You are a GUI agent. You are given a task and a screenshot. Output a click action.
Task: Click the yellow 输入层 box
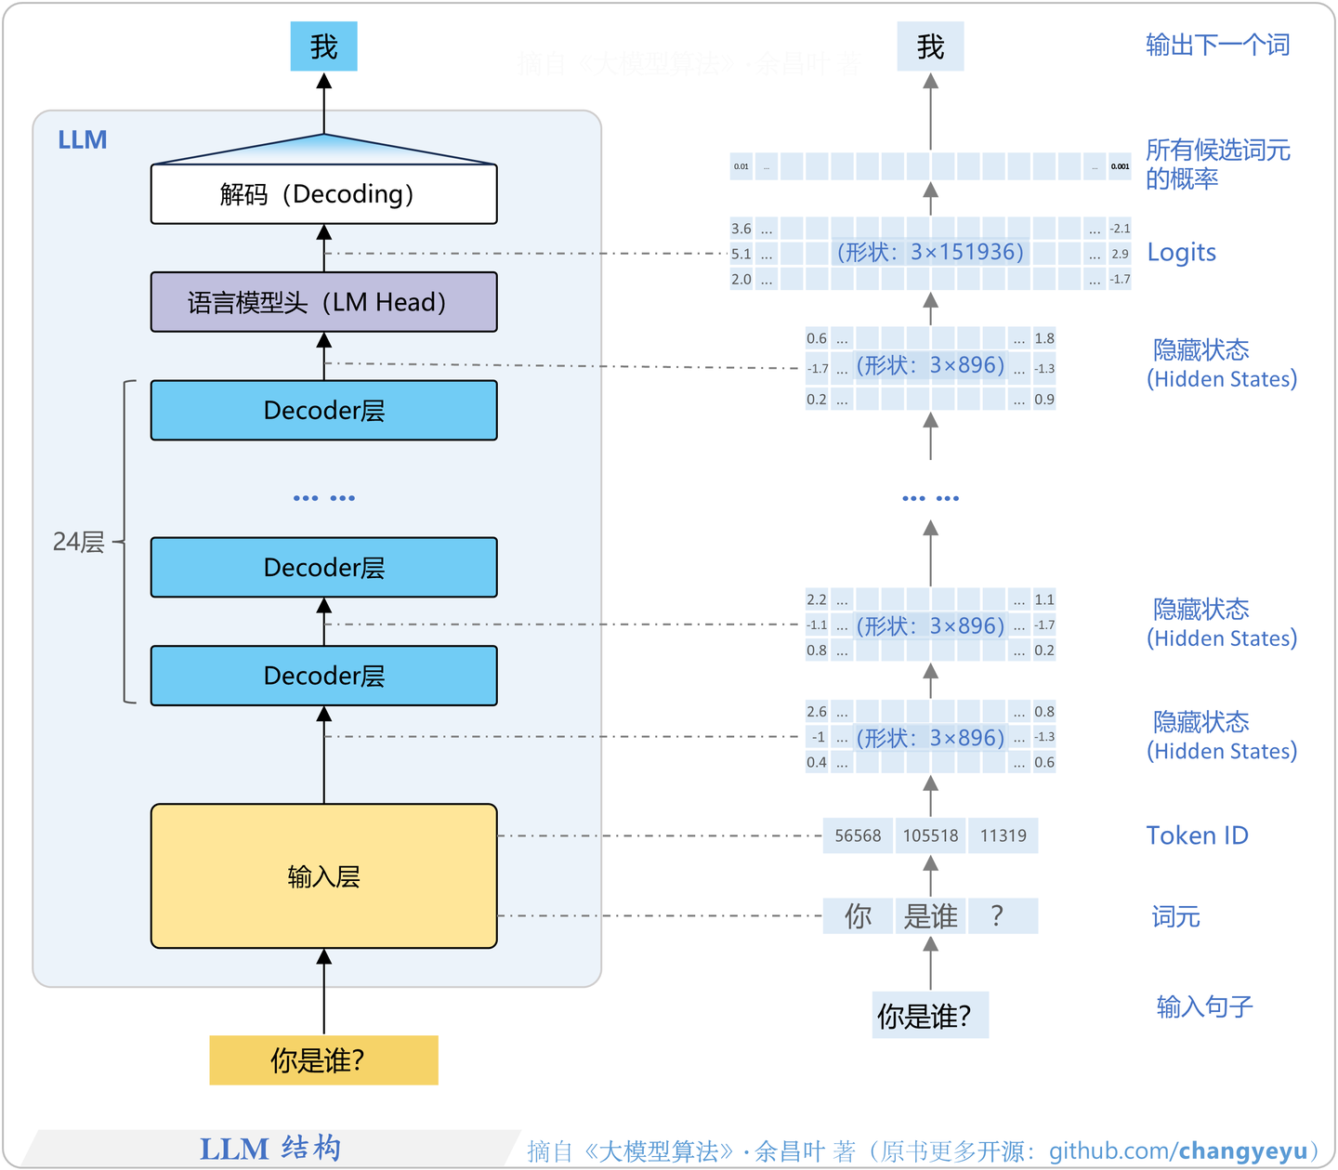pyautogui.click(x=323, y=875)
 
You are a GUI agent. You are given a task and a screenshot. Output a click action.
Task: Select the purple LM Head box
pyautogui.click(x=323, y=302)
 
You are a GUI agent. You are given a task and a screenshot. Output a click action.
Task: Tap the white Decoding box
pyautogui.click(x=323, y=194)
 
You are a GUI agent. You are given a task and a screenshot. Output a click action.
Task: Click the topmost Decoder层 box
pyautogui.click(x=323, y=410)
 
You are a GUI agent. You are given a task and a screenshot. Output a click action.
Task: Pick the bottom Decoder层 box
pyautogui.click(x=323, y=676)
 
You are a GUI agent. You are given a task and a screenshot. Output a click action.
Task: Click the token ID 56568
pyautogui.click(x=858, y=835)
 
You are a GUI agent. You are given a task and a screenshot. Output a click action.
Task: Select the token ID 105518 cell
pyautogui.click(x=930, y=835)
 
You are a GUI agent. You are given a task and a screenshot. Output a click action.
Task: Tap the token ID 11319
pyautogui.click(x=1003, y=835)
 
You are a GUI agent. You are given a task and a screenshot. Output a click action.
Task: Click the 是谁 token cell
pyautogui.click(x=930, y=916)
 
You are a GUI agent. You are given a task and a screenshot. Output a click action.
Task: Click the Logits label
pyautogui.click(x=1181, y=253)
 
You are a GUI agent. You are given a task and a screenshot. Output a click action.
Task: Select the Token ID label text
pyautogui.click(x=1197, y=835)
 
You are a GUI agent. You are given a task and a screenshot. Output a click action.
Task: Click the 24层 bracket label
pyautogui.click(x=78, y=542)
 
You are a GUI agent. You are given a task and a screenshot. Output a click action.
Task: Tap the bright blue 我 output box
pyautogui.click(x=323, y=46)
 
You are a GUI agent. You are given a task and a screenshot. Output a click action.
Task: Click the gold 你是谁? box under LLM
pyautogui.click(x=323, y=1060)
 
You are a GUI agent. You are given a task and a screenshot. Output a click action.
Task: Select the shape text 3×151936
pyautogui.click(x=966, y=253)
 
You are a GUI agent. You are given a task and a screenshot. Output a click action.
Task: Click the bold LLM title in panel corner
pyautogui.click(x=82, y=140)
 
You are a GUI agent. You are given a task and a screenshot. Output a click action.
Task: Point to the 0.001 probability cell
pyautogui.click(x=1120, y=167)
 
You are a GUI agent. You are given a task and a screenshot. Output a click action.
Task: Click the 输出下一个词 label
pyautogui.click(x=1217, y=45)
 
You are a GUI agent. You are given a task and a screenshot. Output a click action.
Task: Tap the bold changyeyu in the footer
pyautogui.click(x=1242, y=1151)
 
